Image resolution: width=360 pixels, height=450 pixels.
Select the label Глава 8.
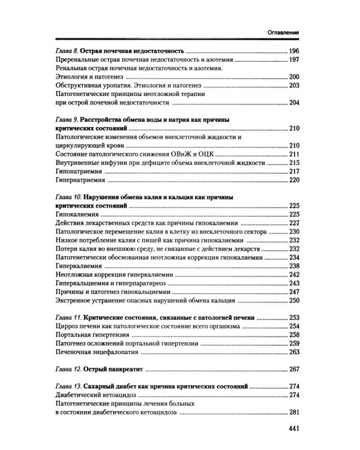click(x=65, y=51)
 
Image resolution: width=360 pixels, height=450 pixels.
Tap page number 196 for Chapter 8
click(x=294, y=51)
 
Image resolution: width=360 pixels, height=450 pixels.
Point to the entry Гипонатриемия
click(x=79, y=171)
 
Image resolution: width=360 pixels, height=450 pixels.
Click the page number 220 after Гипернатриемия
click(x=294, y=180)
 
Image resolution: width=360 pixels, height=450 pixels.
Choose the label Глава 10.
click(x=67, y=197)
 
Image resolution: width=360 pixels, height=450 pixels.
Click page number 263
click(x=294, y=352)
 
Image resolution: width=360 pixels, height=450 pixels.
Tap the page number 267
click(x=294, y=369)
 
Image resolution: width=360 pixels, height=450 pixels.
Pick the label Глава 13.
click(x=67, y=386)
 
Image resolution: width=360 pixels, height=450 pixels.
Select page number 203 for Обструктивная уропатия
click(x=294, y=86)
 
